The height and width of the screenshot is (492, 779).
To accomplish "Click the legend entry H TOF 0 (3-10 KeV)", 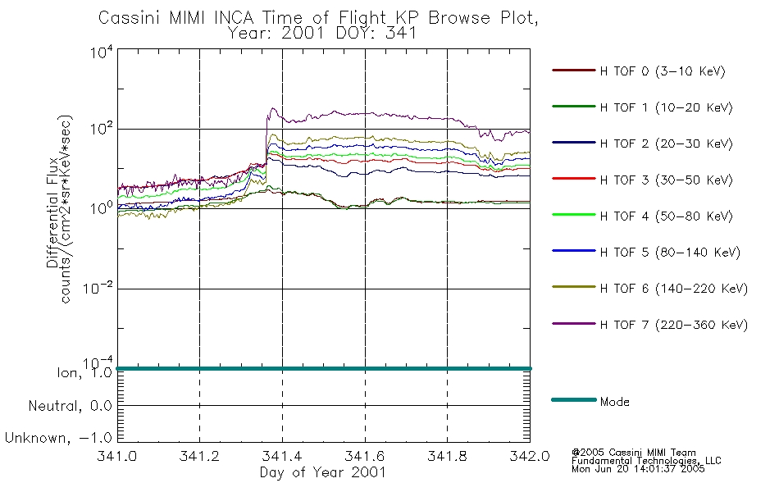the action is (x=663, y=71).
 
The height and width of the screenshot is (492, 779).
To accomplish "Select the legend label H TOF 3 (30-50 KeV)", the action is (x=666, y=180).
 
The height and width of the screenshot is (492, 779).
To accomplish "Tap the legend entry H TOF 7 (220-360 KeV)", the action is (x=674, y=325).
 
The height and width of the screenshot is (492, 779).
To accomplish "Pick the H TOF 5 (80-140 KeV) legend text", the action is (x=670, y=253).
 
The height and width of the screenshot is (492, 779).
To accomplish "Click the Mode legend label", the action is (x=614, y=402).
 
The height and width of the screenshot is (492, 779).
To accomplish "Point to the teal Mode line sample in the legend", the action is (x=574, y=399).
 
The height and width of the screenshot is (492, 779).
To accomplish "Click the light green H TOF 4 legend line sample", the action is (x=574, y=215).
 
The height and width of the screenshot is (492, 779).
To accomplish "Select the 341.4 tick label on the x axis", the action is (x=282, y=456).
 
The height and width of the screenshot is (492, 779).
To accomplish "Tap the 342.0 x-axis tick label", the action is (x=530, y=456).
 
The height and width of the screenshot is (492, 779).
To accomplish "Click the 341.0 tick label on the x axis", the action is (x=116, y=456).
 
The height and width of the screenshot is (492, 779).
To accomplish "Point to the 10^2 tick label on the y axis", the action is (x=102, y=129).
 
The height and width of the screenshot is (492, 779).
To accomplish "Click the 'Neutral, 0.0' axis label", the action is (x=70, y=406).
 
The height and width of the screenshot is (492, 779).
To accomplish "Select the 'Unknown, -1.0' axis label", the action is (x=58, y=438).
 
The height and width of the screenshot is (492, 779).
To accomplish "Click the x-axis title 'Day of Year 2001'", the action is (x=323, y=472).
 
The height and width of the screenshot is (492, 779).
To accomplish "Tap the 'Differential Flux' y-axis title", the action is (x=52, y=212).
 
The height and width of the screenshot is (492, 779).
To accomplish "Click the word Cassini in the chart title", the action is (x=131, y=18).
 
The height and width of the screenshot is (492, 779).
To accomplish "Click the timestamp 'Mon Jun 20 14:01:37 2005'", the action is (x=638, y=469).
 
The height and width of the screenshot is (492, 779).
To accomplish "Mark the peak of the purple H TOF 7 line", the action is (x=272, y=108).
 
